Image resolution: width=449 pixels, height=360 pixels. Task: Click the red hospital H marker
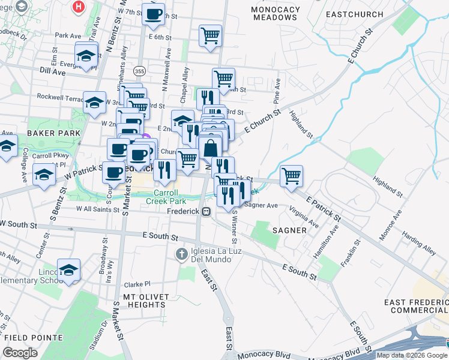[x=78, y=8]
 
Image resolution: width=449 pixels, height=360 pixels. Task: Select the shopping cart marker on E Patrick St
[x=291, y=176]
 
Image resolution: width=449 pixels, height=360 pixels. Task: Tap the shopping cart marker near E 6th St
[x=210, y=36]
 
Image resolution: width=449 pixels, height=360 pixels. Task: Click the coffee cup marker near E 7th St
[x=153, y=14]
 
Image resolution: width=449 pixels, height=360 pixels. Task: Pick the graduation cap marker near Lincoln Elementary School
[x=69, y=269]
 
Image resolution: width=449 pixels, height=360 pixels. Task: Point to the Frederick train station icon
[x=206, y=211]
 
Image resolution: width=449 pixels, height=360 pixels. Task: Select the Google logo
[x=20, y=353]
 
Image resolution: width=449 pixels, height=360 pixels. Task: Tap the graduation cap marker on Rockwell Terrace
[x=94, y=102]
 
